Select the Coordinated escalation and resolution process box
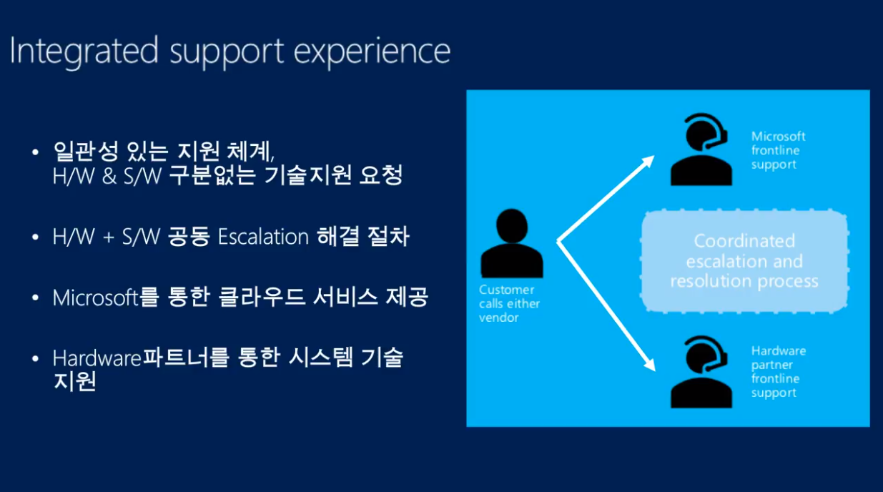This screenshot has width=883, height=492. pos(744,261)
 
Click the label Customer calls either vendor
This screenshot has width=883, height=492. pos(509,303)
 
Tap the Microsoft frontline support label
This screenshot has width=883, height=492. pos(778,150)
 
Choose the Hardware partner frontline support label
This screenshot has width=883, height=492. pos(778,372)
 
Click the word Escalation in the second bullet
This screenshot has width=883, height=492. pos(262,237)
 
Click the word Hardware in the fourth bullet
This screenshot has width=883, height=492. pos(97,358)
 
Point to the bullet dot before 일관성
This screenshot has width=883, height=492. pos(36,152)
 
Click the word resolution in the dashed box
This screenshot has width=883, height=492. pos(710,281)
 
